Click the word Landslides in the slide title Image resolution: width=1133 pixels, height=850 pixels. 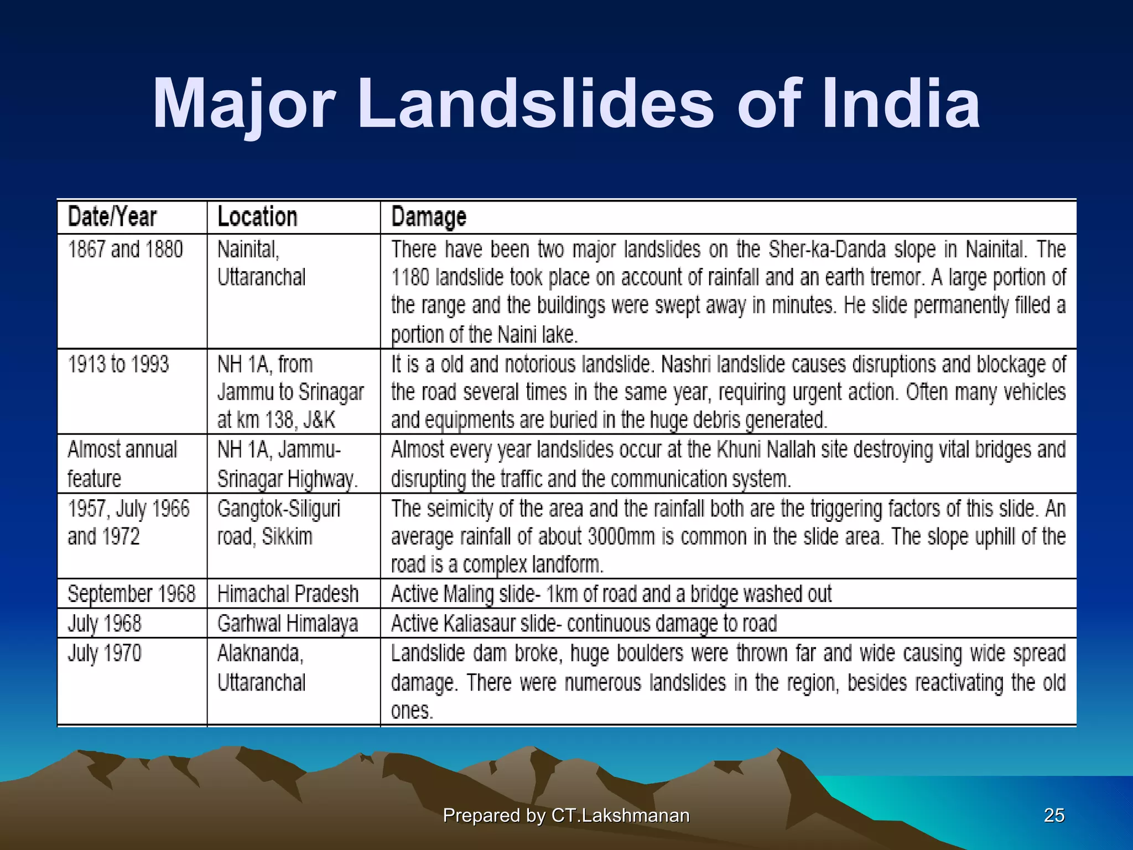[x=536, y=104]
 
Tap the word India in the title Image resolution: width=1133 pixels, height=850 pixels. [x=901, y=104]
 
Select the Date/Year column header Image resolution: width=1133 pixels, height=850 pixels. [x=112, y=216]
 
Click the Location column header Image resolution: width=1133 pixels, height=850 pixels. [x=257, y=216]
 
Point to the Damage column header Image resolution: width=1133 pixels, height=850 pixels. [x=429, y=217]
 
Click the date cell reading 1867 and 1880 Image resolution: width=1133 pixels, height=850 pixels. [x=126, y=249]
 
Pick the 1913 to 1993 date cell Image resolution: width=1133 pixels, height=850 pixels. [x=118, y=364]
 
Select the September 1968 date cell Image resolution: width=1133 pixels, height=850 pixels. [x=132, y=594]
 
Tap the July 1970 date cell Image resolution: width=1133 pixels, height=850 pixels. [x=105, y=653]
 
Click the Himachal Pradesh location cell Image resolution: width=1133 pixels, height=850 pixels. [x=288, y=594]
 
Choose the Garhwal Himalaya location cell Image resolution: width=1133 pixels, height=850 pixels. [x=288, y=624]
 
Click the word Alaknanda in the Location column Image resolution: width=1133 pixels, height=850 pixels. [x=260, y=654]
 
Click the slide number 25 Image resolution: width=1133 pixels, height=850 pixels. [x=1054, y=815]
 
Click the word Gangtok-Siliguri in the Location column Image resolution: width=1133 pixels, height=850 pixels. [x=279, y=509]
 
